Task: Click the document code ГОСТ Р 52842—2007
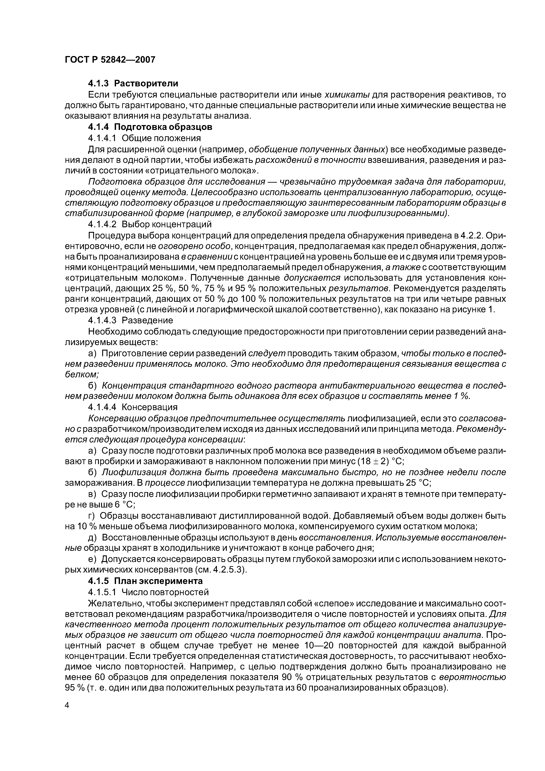(110, 60)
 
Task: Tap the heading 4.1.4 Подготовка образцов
(150, 127)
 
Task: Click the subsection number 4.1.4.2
(102, 224)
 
